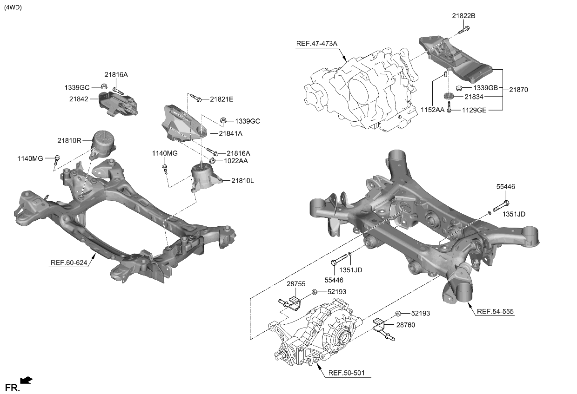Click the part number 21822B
coord(463,16)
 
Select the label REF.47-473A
coord(316,44)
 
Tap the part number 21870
coord(518,89)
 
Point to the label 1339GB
coord(486,88)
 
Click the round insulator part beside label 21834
coord(449,97)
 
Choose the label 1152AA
coord(433,110)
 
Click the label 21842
coord(79,98)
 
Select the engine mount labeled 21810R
coord(104,142)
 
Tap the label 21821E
coord(221,99)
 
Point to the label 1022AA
coord(236,161)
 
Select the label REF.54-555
coord(495,312)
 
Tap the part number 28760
coord(405,325)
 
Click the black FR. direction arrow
coord(27,381)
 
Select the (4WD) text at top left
coord(13,7)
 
